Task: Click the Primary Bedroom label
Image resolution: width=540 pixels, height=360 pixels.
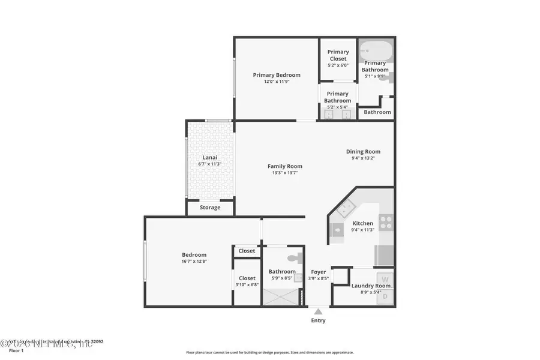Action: (276, 75)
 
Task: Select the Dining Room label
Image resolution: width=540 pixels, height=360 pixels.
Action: (363, 152)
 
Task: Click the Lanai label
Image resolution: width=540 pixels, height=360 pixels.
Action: (209, 158)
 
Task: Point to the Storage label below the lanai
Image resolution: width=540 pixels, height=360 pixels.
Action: (209, 208)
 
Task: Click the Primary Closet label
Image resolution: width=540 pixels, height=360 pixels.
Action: (338, 55)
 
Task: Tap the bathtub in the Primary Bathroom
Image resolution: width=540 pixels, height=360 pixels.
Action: (376, 50)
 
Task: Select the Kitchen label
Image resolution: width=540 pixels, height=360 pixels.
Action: (362, 223)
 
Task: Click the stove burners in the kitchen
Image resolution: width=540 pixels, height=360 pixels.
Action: (386, 223)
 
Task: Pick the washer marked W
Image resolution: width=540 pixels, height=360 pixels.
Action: (385, 280)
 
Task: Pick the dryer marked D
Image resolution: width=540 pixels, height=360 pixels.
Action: (385, 296)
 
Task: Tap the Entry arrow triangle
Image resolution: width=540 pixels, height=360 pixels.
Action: (318, 311)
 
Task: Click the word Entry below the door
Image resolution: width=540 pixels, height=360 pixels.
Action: (318, 320)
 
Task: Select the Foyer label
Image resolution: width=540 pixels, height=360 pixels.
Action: (318, 272)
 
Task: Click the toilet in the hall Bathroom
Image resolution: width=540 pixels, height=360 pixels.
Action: (293, 259)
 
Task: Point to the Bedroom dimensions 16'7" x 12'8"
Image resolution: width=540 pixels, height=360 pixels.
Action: (194, 261)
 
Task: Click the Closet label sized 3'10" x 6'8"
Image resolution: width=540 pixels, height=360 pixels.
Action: (247, 278)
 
